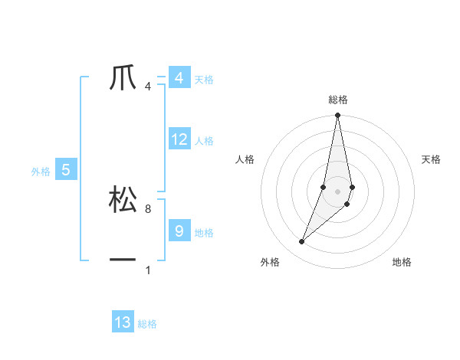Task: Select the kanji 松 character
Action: tap(123, 200)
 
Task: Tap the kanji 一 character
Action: tap(123, 261)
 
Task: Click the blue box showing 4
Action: tap(179, 78)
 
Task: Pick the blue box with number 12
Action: tap(179, 139)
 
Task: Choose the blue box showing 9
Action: tap(179, 230)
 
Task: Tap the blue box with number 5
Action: tap(66, 170)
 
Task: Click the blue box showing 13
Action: tap(123, 322)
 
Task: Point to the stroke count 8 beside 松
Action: tap(147, 208)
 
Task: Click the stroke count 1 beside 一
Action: tap(147, 270)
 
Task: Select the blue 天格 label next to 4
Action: tap(204, 80)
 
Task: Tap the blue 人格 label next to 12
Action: tap(204, 141)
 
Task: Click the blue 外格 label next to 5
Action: tap(41, 172)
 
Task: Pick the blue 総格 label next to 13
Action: tap(147, 324)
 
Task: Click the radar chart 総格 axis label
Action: tap(338, 100)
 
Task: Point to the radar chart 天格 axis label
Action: tap(431, 159)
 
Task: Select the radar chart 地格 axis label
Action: tap(402, 263)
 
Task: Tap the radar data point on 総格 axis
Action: tap(338, 116)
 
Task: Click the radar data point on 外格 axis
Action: tap(302, 241)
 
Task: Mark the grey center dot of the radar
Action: tap(338, 191)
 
